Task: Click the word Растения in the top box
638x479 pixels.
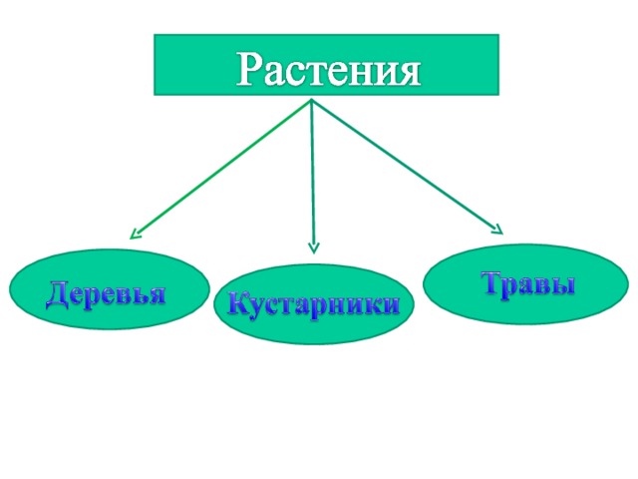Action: point(328,69)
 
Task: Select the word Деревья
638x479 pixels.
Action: point(107,292)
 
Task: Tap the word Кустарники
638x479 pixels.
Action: point(313,303)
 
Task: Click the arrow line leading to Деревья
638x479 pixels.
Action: point(220,169)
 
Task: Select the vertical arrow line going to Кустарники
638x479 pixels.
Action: point(313,177)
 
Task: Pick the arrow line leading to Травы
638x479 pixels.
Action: point(408,167)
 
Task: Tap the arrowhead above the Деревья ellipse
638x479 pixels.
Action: point(135,235)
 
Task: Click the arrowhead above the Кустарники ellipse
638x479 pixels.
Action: point(314,248)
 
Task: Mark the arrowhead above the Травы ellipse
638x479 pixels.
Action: point(498,230)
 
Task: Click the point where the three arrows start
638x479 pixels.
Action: point(312,99)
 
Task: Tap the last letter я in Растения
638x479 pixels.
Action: point(409,74)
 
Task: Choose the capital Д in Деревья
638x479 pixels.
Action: point(56,294)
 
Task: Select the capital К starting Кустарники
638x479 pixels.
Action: point(237,303)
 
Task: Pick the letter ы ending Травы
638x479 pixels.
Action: point(563,286)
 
